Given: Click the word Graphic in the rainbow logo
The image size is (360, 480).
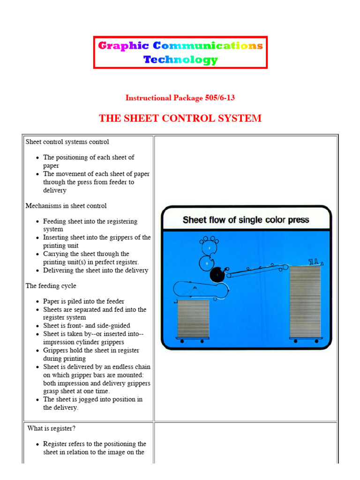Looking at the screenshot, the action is [123, 46].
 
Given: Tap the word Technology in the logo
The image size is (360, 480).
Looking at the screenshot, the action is [180, 60].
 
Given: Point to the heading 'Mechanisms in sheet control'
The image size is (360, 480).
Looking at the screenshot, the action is [66, 206].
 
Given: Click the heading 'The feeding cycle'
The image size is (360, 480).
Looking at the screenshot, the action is [51, 286].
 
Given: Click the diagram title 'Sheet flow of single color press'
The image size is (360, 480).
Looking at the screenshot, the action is [246, 219].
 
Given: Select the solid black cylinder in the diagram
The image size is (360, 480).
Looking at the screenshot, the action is [217, 276].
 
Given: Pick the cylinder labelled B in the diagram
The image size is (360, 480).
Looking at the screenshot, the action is [206, 263].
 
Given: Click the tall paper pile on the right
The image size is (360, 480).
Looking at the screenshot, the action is [305, 301].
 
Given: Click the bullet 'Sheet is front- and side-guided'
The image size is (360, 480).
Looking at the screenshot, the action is [87, 326].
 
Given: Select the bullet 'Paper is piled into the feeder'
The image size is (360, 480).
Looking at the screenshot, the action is [84, 301].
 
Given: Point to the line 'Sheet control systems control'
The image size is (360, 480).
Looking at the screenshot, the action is [67, 142].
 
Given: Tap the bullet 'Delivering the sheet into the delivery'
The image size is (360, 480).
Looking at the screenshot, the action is [96, 270].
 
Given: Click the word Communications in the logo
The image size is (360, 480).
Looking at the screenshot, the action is [208, 46].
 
